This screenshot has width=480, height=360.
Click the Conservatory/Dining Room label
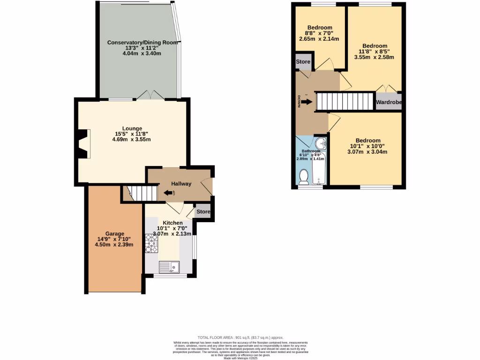point(136,42)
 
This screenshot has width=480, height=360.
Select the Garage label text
point(114,233)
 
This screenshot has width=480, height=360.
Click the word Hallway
point(181,184)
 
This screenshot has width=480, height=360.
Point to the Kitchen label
point(172,223)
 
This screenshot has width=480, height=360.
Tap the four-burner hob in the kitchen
point(152,242)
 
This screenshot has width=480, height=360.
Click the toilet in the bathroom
point(304,177)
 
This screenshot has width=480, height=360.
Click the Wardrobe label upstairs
point(389,102)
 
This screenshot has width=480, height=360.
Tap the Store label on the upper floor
point(303,62)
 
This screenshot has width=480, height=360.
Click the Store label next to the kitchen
point(203,212)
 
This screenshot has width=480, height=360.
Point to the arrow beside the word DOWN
point(307,102)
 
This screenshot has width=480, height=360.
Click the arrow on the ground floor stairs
point(168,193)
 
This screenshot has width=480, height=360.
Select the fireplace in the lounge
point(82,144)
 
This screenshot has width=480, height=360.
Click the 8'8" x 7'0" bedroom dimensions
point(320,33)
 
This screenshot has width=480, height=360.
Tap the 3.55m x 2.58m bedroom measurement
point(374,58)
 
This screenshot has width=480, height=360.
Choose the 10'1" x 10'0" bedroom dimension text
point(367,146)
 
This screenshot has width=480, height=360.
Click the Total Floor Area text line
point(240,337)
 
